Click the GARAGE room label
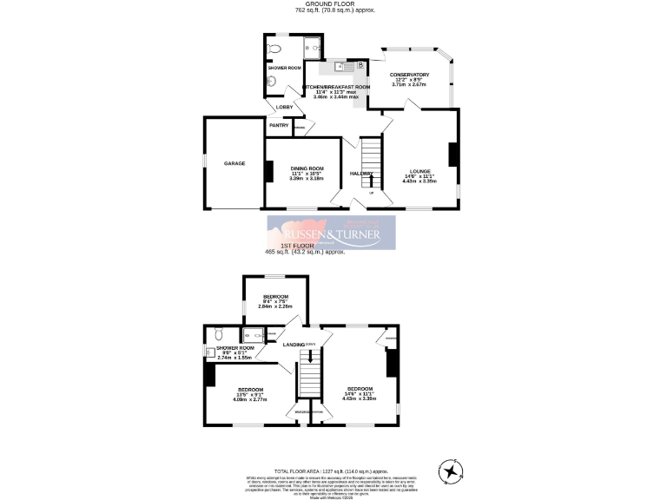[x=234, y=163]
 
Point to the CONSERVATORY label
[x=411, y=75]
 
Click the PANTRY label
[x=279, y=125]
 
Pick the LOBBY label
[x=284, y=107]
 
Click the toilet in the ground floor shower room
[x=276, y=48]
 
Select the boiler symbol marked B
[x=360, y=64]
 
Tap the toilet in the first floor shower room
[x=219, y=332]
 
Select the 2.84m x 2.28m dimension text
[x=275, y=306]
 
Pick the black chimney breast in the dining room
[x=269, y=172]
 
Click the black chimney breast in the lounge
[x=452, y=154]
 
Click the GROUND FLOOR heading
[x=333, y=4]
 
